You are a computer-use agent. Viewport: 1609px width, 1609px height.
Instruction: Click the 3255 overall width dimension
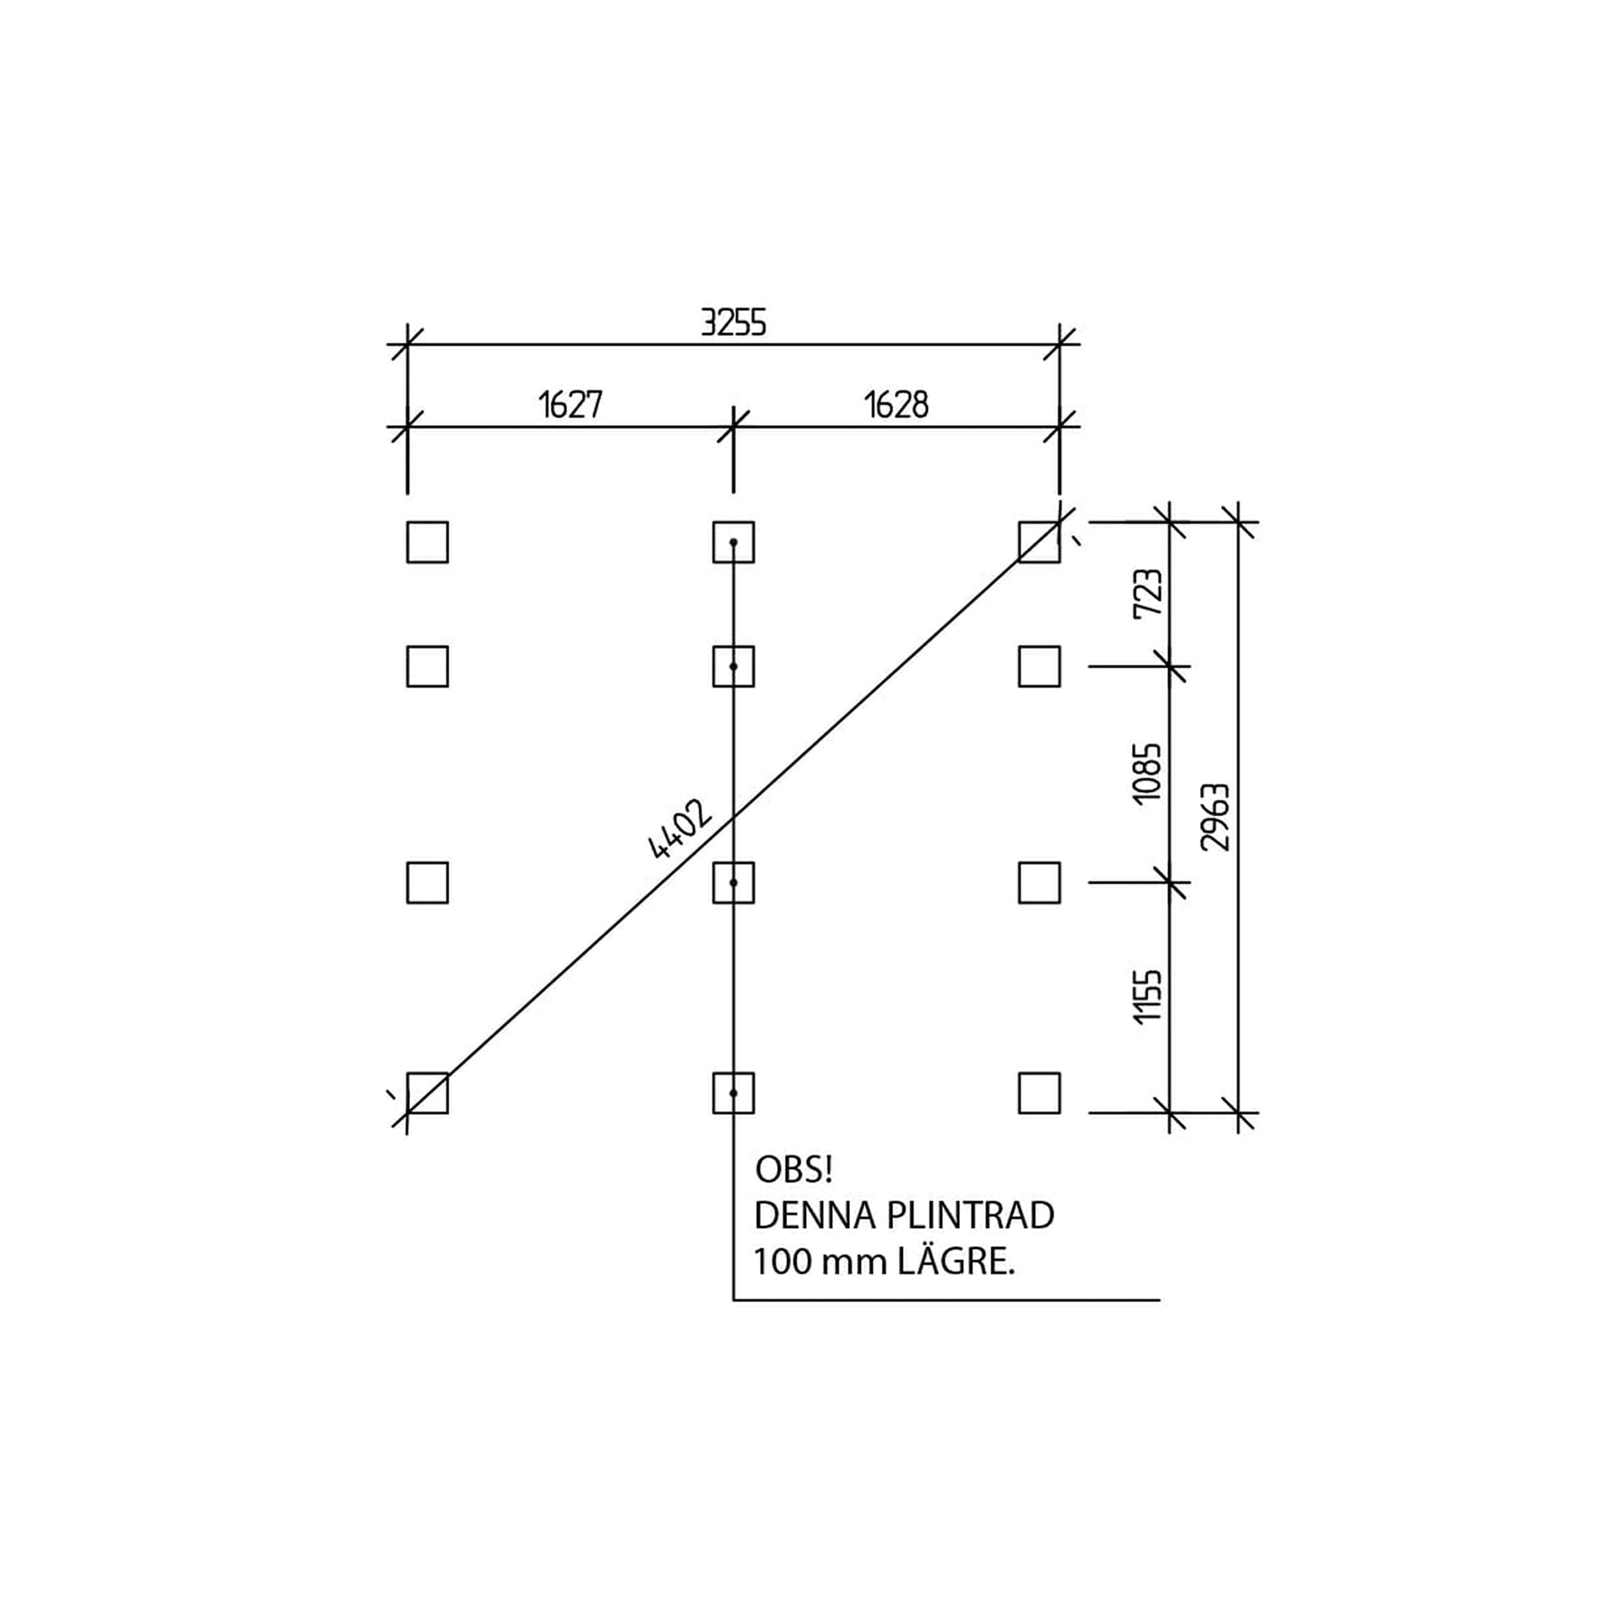click(733, 322)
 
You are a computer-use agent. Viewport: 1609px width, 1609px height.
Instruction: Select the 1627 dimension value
click(571, 406)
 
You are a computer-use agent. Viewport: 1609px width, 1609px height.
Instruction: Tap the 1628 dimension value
click(896, 406)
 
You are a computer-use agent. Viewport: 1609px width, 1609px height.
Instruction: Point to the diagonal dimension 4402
click(680, 829)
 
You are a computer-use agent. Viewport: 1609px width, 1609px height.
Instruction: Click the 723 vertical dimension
click(1148, 592)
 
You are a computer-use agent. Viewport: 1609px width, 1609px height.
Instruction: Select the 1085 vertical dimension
click(1148, 773)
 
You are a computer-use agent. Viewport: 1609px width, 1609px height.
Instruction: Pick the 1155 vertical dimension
click(1148, 996)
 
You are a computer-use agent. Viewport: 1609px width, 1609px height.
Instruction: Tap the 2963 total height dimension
click(1216, 817)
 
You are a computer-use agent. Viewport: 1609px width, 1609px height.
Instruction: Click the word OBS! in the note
click(794, 1170)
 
